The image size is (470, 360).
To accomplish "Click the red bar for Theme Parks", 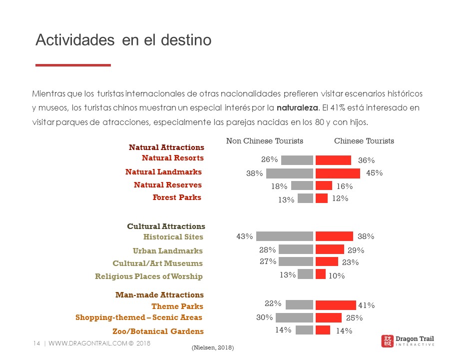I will [x=336, y=305].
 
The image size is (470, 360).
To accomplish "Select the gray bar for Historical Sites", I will [x=285, y=236].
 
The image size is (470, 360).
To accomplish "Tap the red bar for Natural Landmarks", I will [x=338, y=173].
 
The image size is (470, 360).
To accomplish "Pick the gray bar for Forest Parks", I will [x=305, y=198].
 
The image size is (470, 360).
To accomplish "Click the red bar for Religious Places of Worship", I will [x=321, y=274].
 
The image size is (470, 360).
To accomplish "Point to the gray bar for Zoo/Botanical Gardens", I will [x=304, y=330].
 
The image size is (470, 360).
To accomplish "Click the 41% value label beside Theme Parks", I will [x=366, y=305].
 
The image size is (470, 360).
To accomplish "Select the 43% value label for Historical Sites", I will [x=245, y=236].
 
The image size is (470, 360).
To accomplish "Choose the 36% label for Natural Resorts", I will [x=366, y=160].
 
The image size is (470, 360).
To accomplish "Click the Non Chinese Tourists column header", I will [x=265, y=141].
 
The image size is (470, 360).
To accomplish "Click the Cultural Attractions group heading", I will [x=166, y=226].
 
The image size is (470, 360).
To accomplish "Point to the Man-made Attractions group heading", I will [x=159, y=295].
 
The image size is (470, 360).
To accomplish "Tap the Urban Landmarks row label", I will [x=168, y=251].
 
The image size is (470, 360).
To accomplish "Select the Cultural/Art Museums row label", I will [x=158, y=263].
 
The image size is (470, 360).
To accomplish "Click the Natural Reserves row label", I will [x=168, y=185].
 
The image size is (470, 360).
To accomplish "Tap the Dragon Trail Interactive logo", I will [x=407, y=341].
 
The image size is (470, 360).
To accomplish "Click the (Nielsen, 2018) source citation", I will [x=213, y=347].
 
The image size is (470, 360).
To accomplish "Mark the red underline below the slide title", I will [x=73, y=65].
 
